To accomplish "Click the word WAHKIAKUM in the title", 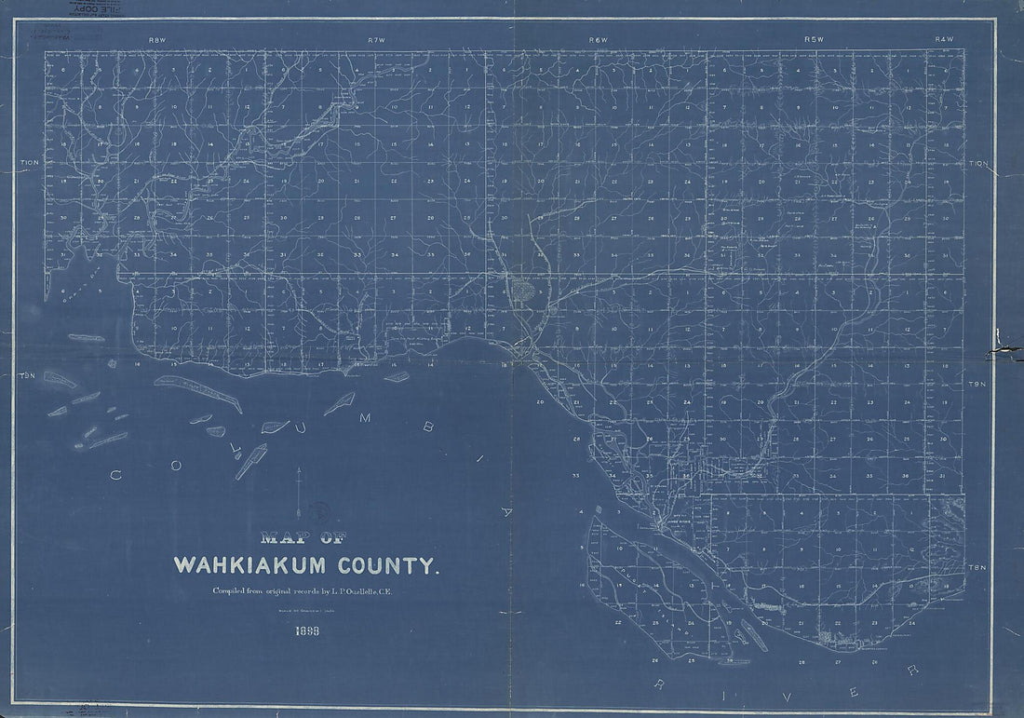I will click(247, 565).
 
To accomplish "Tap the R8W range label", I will click(156, 40).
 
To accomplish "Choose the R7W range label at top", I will click(376, 40).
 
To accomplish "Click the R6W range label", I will click(598, 40).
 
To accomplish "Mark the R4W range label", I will click(945, 40).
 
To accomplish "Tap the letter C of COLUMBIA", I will click(116, 475).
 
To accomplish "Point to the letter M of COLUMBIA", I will click(365, 418).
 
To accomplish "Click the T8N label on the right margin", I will click(977, 567).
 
